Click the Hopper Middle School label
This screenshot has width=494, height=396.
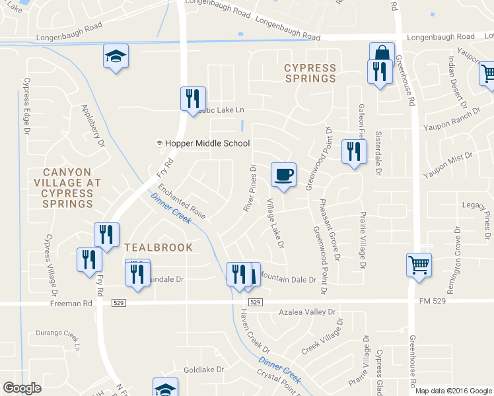coord(203,143)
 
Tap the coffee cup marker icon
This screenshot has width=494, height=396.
coord(283,175)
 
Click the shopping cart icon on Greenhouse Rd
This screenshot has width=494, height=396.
coord(419,266)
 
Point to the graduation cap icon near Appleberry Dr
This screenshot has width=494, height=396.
coord(116,57)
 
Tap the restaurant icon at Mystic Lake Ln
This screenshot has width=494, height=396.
coord(193,99)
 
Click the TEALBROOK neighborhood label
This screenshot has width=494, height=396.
coord(159,247)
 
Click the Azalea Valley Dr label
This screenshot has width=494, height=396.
coord(307,311)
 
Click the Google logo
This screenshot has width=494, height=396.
coord(22,388)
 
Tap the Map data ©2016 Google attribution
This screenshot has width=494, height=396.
coord(454,391)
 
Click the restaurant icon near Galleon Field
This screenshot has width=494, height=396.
coord(354,152)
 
